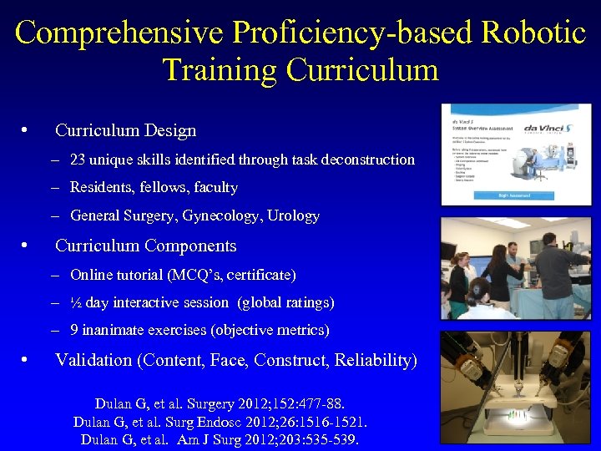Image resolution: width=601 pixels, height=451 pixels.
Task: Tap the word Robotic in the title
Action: pyautogui.click(x=533, y=33)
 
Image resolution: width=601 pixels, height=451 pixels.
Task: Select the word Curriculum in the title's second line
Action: pyautogui.click(x=363, y=69)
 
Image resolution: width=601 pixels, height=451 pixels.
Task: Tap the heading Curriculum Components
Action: pyautogui.click(x=145, y=246)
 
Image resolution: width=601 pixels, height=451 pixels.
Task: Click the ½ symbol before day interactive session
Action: pyautogui.click(x=77, y=302)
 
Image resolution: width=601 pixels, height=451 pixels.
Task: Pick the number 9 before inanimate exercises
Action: pyautogui.click(x=74, y=331)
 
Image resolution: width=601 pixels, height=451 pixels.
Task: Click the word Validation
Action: pyautogui.click(x=93, y=361)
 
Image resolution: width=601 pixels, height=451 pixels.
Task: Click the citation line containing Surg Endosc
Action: pyautogui.click(x=220, y=422)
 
